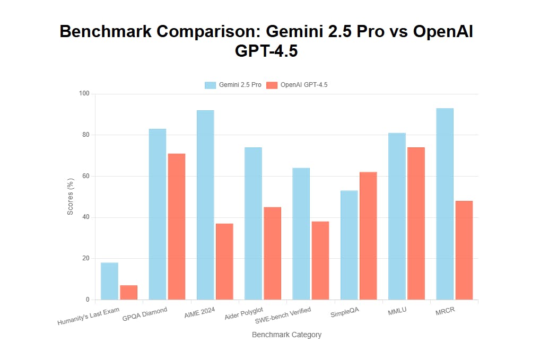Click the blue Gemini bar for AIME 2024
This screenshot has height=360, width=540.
tap(205, 205)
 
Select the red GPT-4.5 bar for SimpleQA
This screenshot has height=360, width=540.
tap(368, 235)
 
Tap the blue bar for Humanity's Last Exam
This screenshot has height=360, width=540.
tap(109, 281)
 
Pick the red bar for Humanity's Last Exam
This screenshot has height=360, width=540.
tap(129, 292)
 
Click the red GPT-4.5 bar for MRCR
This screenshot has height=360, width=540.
tap(464, 250)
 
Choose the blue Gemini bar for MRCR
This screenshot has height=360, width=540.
tap(445, 204)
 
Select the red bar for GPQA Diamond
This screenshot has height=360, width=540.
tap(177, 226)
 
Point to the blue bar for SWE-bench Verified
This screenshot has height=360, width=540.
tap(301, 233)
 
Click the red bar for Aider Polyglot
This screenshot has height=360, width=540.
tap(272, 253)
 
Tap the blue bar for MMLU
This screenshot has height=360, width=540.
tap(397, 216)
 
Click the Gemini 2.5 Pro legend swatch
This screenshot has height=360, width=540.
tap(211, 85)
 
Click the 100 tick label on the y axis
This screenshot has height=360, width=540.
tap(84, 94)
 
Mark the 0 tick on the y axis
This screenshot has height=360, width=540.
tap(88, 300)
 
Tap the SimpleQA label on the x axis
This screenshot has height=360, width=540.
tap(345, 313)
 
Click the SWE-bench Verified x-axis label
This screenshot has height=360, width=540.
tap(283, 315)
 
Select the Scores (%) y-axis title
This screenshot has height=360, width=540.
tap(71, 197)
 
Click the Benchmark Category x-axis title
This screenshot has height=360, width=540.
tap(286, 335)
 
